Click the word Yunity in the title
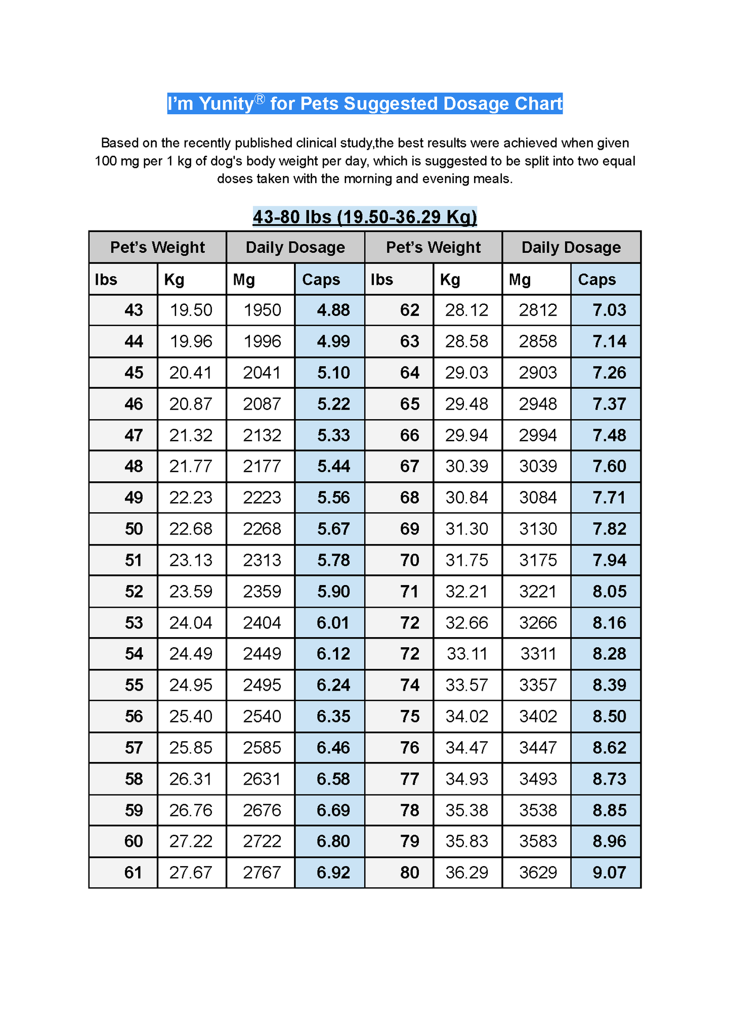[x=225, y=104]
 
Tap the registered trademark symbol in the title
[x=260, y=99]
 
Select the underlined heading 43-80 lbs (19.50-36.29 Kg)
[x=365, y=217]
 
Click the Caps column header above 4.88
[x=321, y=280]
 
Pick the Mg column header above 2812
[x=520, y=280]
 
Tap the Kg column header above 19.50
[x=174, y=280]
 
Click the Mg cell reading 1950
[x=262, y=310]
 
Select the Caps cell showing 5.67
[x=333, y=529]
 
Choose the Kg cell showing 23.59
[x=191, y=591]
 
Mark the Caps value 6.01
[x=333, y=622]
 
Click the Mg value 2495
[x=262, y=685]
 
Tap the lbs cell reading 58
[x=134, y=779]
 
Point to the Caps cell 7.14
[x=609, y=341]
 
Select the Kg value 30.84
[x=466, y=498]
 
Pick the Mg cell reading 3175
[x=538, y=560]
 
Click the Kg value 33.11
[x=466, y=654]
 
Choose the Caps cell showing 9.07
[x=609, y=872]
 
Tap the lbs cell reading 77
[x=409, y=779]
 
